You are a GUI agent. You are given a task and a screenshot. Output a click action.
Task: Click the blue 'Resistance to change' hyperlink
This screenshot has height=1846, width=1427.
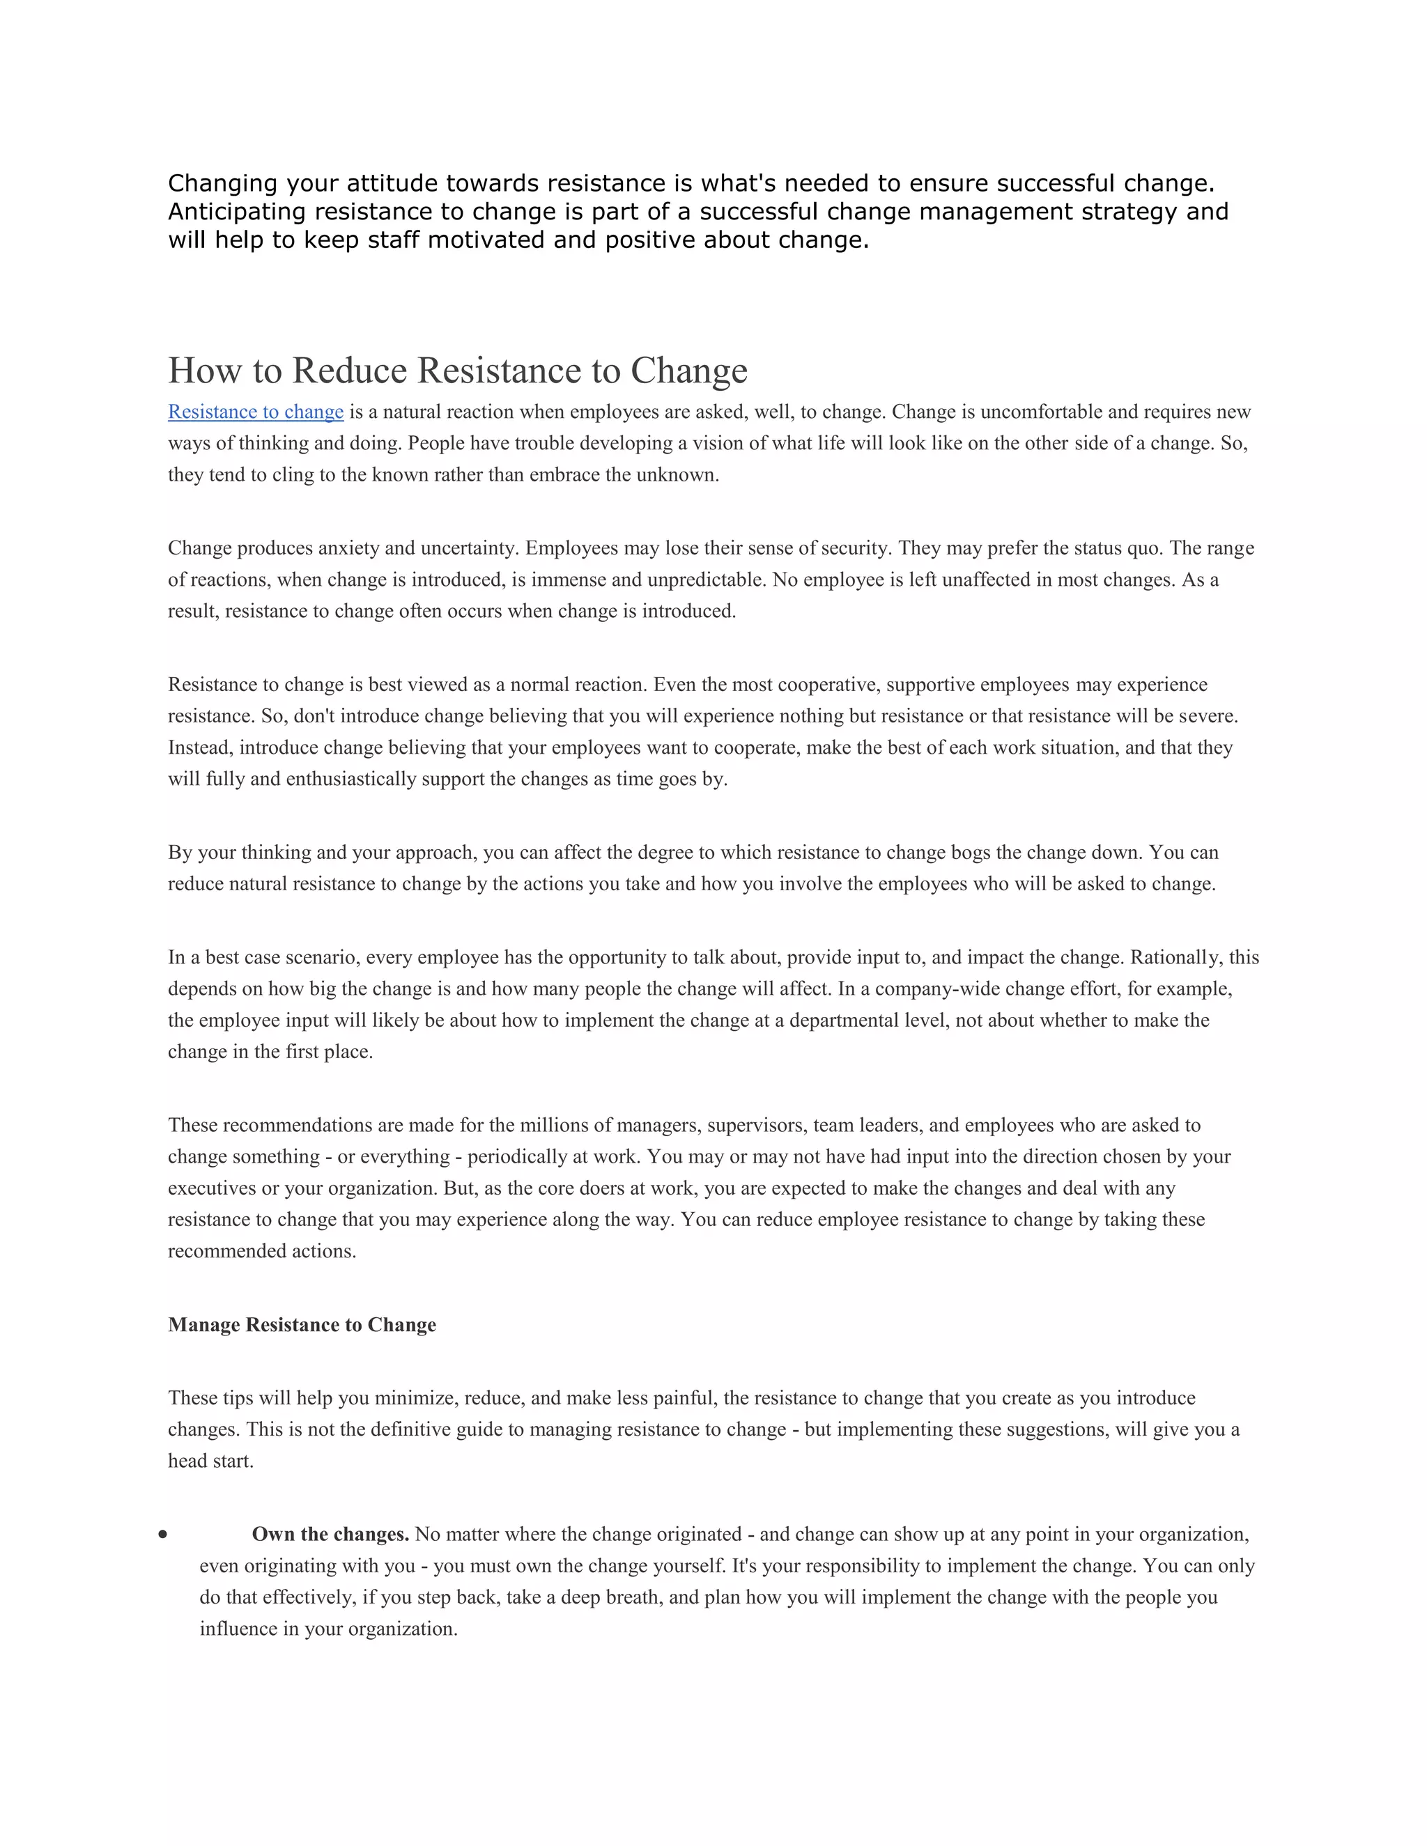tap(255, 412)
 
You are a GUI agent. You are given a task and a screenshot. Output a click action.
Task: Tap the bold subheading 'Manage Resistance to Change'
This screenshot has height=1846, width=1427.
tap(302, 1324)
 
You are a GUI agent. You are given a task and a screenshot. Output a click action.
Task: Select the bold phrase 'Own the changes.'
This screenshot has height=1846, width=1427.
tap(330, 1534)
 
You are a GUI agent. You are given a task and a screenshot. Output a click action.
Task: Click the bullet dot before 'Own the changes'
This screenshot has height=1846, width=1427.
tap(162, 1535)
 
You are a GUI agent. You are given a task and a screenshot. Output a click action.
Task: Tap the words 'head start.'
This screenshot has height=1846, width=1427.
tap(210, 1461)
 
